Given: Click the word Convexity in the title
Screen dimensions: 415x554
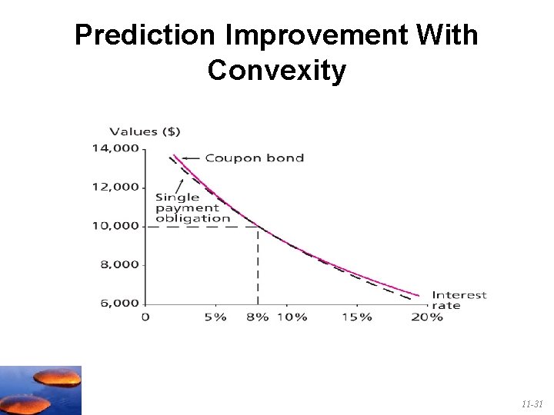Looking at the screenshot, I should click(x=277, y=71).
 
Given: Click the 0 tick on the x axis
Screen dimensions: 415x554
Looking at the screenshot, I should click(x=145, y=317).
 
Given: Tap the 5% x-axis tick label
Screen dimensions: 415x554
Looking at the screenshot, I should click(x=215, y=317).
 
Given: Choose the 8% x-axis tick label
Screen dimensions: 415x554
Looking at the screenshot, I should click(x=258, y=317).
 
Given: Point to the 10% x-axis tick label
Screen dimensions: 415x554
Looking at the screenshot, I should click(x=292, y=317).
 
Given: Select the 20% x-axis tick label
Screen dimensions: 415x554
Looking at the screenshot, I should click(x=427, y=317).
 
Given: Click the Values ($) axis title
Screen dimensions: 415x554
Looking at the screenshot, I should click(x=145, y=131).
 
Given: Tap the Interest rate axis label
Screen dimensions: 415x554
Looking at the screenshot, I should click(x=459, y=300).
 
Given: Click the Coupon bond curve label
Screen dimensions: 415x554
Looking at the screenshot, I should click(x=254, y=158).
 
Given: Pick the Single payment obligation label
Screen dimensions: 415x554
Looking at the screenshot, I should click(x=192, y=207).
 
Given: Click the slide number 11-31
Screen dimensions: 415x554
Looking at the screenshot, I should click(x=532, y=403).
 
